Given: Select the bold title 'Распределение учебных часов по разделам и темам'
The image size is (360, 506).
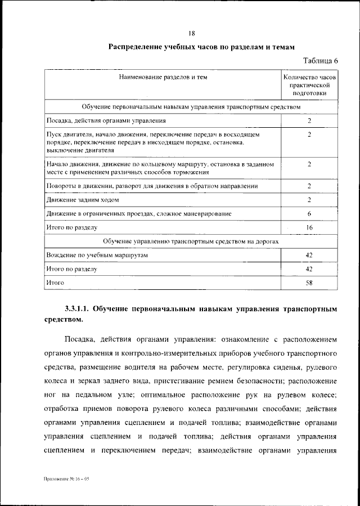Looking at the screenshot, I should pos(201,47).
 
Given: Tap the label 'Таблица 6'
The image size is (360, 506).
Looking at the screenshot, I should pos(321,61).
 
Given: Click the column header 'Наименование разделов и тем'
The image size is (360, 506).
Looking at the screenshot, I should pos(163,77).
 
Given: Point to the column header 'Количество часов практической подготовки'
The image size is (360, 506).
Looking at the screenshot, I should pos(309,86).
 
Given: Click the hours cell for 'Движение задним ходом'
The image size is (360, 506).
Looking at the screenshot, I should pos(309,199).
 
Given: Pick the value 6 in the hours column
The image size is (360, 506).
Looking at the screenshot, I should pos(309,213).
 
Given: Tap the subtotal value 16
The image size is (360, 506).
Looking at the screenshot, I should pos(309,227).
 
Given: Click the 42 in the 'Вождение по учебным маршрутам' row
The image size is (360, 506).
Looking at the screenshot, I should pos(309,255).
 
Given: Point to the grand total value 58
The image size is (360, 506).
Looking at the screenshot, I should pos(309,283).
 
